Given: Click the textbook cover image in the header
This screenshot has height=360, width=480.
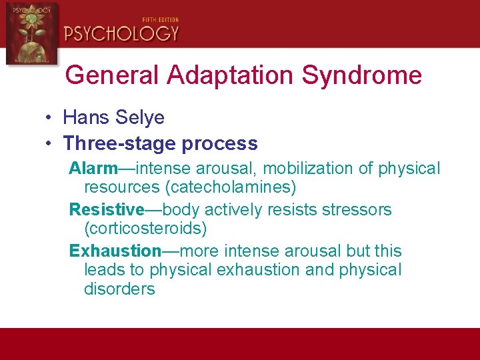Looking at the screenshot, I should tap(31, 33).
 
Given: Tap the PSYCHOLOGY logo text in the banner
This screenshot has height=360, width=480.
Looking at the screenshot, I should tap(121, 33).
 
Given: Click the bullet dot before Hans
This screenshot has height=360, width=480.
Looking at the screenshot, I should tap(50, 119).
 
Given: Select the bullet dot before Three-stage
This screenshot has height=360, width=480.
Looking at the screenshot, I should tap(50, 144).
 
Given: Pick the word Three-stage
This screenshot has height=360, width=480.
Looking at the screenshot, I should tap(114, 143).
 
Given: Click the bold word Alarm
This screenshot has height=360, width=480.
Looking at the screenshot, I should tap(93, 169).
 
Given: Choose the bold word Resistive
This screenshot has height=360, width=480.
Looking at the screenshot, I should tap(107, 209).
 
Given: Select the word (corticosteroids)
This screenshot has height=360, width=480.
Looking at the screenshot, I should tap(145, 229).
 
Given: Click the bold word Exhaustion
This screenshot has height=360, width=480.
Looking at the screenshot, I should tap(115, 251).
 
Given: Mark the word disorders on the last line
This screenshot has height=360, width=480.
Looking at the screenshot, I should tap(119, 289).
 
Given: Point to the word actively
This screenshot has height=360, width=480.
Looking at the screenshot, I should tap(236, 209).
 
